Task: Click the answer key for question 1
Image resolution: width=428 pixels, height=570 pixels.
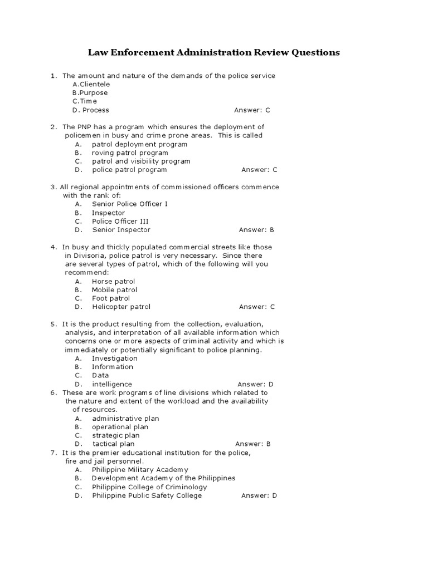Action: [x=252, y=110]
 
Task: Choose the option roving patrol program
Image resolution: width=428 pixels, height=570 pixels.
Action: [x=130, y=153]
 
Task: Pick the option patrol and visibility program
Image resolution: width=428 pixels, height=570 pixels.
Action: [x=141, y=161]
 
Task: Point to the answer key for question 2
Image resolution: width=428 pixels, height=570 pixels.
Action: [x=259, y=170]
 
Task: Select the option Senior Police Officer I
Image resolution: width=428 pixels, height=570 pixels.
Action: [x=130, y=204]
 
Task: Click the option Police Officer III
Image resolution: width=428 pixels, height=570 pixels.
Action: [x=120, y=221]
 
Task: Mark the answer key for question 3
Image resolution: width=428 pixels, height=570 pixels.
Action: [x=256, y=230]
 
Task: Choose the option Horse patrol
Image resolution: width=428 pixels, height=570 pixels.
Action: [x=114, y=282]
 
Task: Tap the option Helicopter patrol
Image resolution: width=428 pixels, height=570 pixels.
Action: [x=121, y=307]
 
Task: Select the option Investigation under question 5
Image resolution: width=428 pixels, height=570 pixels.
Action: [x=115, y=358]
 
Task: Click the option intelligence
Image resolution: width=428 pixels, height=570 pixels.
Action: [x=112, y=384]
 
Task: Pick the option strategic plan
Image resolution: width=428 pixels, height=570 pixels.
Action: [x=116, y=435]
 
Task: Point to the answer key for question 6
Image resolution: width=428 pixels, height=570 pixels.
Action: [x=252, y=444]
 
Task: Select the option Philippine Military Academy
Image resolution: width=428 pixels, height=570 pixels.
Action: [x=140, y=470]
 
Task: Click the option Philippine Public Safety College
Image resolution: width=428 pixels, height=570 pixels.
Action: [x=147, y=495]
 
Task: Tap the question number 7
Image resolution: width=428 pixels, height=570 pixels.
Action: [x=53, y=453]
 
